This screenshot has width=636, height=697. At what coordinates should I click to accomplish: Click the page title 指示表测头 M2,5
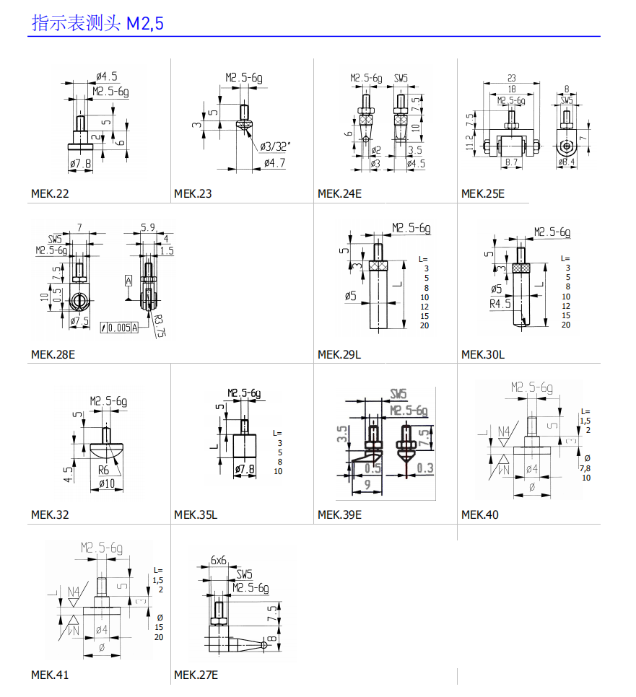pos(97,23)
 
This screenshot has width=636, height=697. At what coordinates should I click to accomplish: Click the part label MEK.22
pos(50,193)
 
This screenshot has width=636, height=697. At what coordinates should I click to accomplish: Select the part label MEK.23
pos(193,193)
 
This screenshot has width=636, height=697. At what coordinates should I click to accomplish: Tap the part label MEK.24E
pos(339,193)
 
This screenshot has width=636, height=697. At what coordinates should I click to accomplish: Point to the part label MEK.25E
pos(483,193)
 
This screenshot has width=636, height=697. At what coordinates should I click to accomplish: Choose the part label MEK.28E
pos(53,354)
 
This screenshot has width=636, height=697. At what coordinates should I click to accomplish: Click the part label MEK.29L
pos(339,354)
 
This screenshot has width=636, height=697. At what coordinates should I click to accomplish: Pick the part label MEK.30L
pos(483,354)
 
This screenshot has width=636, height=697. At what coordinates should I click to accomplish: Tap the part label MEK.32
pos(50,514)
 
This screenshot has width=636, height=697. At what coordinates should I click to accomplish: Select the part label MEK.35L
pos(196,514)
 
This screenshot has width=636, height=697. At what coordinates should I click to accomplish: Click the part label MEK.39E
pos(339,514)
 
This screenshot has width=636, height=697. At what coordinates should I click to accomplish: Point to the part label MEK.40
pos(480,514)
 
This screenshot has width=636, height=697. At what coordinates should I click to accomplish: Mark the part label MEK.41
pos(50,675)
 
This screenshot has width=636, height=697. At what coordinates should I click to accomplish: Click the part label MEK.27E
pos(196,675)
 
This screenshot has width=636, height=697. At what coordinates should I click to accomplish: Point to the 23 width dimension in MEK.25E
pos(511,77)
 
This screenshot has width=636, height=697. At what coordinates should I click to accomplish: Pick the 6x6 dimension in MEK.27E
pos(219,560)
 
